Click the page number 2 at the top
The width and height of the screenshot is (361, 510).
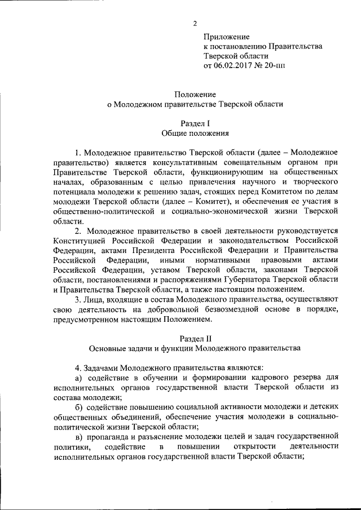coord(195,23)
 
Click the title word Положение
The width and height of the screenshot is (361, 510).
coord(195,94)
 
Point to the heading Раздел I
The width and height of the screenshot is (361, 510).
coord(195,123)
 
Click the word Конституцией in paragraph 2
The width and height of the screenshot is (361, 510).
coord(79,240)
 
